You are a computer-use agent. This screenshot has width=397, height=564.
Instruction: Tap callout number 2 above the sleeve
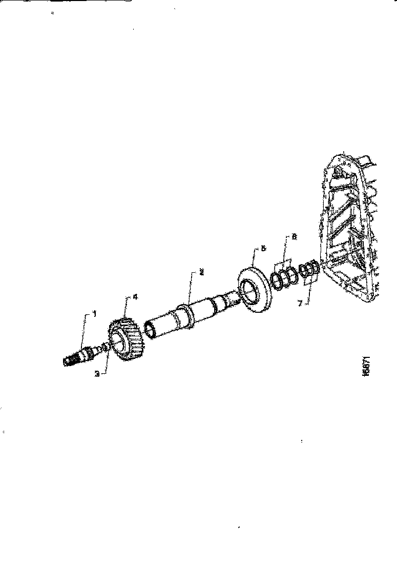pos(202,273)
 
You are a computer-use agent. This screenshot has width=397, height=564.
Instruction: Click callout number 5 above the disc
pos(264,248)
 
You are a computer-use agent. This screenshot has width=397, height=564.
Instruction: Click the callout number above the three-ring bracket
pos(294,237)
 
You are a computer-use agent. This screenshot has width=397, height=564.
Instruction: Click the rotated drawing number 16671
pos(365,365)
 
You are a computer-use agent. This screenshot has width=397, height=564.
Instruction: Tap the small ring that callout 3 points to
pos(106,347)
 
